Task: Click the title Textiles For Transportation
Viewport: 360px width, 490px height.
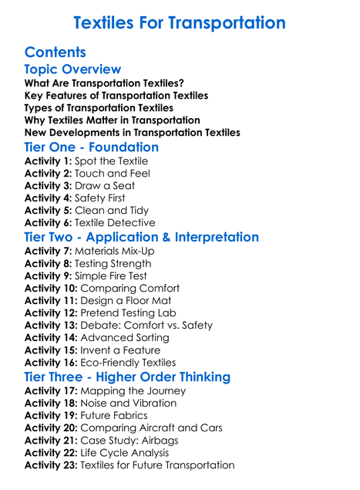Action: pos(179,22)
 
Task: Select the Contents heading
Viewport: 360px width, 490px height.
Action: pos(55,52)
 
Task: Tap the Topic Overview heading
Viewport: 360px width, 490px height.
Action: pos(72,69)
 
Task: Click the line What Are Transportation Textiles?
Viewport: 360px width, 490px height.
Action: pos(104,83)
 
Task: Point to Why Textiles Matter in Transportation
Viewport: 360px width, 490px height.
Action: pos(113,120)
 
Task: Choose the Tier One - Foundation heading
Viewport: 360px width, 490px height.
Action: pos(92,147)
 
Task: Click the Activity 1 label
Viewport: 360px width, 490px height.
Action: pos(48,161)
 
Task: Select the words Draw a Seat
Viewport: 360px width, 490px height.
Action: pos(105,186)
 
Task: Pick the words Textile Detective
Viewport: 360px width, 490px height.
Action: pos(118,223)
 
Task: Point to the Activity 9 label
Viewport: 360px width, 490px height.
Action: pos(48,276)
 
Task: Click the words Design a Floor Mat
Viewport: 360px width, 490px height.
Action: pos(126,301)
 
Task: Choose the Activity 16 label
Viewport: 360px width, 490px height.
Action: pos(51,363)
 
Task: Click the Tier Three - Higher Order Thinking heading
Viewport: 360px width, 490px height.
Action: pos(127,377)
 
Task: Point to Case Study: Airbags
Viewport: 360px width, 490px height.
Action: pos(127,441)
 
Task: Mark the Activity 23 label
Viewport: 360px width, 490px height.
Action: pos(51,465)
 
